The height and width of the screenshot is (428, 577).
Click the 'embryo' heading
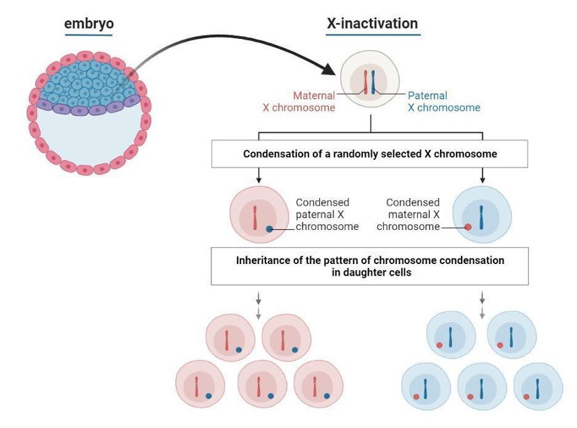[88, 24]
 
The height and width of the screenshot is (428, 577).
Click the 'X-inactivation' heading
[372, 24]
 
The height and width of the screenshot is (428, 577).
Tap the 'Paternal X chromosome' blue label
[444, 101]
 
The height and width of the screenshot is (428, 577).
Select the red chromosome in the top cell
[366, 81]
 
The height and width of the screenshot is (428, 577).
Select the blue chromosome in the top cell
[373, 81]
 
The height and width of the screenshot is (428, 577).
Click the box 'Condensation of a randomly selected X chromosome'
[370, 154]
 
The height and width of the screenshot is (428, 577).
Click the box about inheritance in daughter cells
[370, 267]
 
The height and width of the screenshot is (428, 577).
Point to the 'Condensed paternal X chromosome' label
[327, 214]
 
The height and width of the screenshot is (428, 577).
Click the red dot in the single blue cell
[468, 227]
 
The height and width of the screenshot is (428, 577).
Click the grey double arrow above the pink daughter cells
[259, 306]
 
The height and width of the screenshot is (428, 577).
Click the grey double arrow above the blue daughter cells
[482, 306]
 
